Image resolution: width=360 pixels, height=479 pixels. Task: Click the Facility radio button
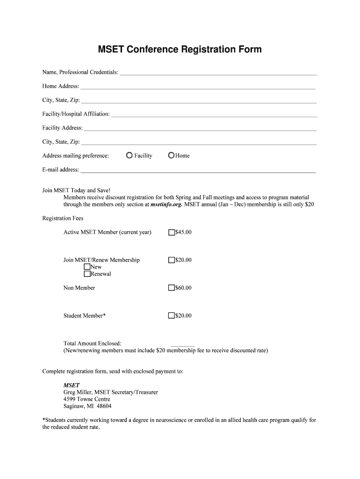129,156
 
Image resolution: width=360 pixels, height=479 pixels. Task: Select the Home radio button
171,156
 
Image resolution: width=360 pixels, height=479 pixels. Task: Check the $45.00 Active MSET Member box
172,232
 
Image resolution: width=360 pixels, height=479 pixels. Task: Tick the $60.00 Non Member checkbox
172,288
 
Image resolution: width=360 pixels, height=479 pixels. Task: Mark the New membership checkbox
87,267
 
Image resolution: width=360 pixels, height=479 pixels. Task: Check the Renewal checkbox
87,274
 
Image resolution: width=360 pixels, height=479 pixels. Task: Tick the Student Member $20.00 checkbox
172,316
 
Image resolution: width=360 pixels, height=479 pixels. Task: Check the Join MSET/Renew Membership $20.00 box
172,260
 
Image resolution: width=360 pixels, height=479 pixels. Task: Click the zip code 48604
103,406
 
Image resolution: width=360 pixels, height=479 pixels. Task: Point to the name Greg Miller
77,392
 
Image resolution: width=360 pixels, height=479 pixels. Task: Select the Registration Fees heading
63,218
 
